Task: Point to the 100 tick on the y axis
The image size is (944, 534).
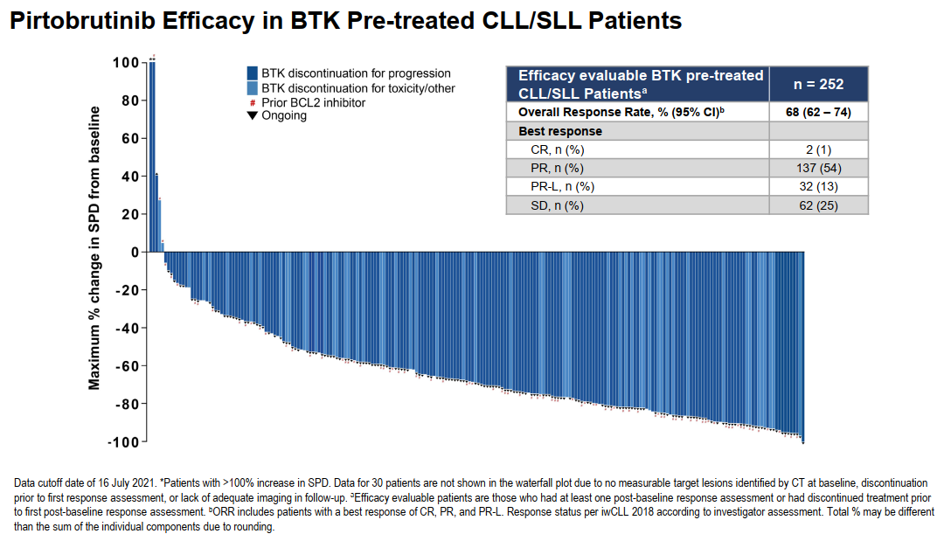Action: (126, 63)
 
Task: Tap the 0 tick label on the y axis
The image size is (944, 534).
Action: (135, 253)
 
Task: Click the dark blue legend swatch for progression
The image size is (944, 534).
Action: (252, 73)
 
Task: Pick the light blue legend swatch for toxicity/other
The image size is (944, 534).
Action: (252, 88)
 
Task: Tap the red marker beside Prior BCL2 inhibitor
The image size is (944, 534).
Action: (252, 103)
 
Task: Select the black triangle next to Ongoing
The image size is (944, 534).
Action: (252, 115)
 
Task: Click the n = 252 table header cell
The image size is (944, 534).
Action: (818, 84)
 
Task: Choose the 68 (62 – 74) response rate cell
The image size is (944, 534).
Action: (818, 113)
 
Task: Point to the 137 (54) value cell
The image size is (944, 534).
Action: (818, 168)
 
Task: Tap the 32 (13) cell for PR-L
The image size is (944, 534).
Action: (818, 186)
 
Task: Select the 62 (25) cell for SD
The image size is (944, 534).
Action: (818, 205)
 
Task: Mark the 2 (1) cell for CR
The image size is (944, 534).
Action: (818, 149)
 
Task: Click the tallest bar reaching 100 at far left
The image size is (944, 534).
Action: (152, 157)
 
